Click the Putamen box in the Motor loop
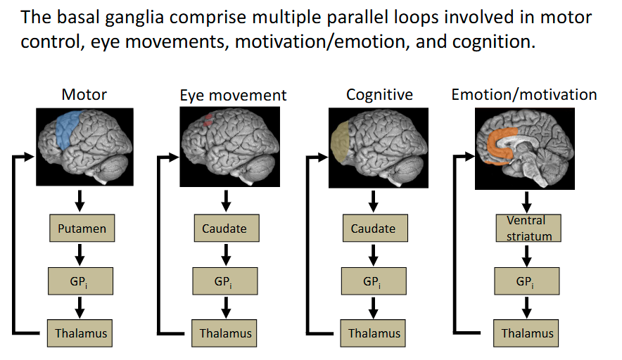80,229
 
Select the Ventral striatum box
525,229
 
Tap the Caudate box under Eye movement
225,229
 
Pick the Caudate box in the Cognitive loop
373,229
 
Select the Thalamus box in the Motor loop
80,333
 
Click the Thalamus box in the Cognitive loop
374,333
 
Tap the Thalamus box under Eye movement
225,333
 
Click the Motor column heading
84,94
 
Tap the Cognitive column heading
379,94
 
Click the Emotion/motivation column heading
524,94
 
